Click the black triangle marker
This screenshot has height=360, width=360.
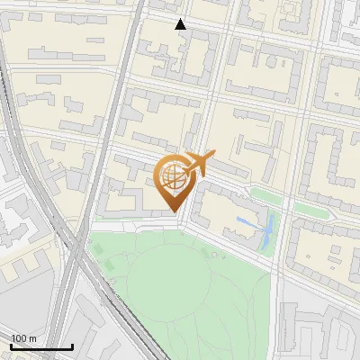(x=181, y=24)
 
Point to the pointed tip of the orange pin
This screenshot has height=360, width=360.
(x=173, y=211)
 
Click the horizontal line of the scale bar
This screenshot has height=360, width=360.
(x=41, y=347)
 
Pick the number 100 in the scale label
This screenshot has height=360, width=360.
(x=19, y=338)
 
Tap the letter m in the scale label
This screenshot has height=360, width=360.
(x=33, y=338)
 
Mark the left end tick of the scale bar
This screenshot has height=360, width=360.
(x=11, y=346)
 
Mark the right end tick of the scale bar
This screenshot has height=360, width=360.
(x=73, y=346)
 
